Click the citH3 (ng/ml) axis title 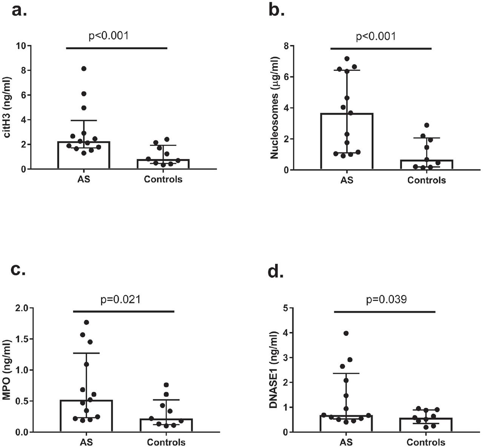(8, 108)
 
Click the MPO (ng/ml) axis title (8, 370)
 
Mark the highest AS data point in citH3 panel (84, 69)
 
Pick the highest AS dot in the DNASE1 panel (346, 333)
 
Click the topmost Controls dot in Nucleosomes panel (426, 125)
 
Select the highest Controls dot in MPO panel (166, 385)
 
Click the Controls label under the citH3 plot (163, 180)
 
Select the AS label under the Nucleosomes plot (347, 180)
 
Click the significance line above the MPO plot (124, 312)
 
